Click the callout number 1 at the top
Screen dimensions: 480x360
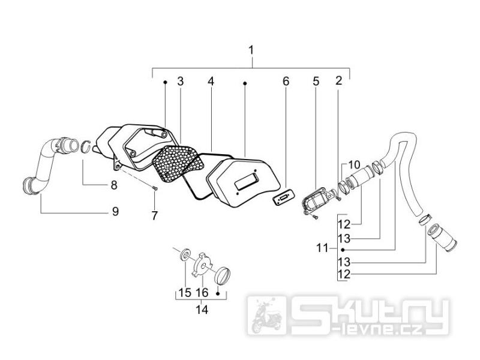tap(251, 50)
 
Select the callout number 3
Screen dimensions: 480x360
tap(181, 81)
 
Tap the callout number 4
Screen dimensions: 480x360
tap(211, 81)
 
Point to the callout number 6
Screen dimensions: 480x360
tap(286, 81)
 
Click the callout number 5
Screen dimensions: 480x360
tap(316, 81)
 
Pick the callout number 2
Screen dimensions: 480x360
tap(338, 80)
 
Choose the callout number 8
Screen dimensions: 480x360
tap(114, 185)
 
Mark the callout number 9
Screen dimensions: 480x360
tap(115, 211)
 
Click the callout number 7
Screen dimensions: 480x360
tap(154, 215)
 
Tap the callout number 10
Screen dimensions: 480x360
tap(354, 165)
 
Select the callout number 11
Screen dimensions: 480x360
tap(322, 248)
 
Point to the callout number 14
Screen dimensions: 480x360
tap(202, 310)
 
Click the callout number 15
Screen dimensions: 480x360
tap(185, 293)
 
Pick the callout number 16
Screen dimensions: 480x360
tap(202, 293)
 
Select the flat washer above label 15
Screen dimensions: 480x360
tap(185, 254)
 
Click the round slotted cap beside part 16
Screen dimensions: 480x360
tap(223, 275)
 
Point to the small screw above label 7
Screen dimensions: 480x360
tap(155, 189)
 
